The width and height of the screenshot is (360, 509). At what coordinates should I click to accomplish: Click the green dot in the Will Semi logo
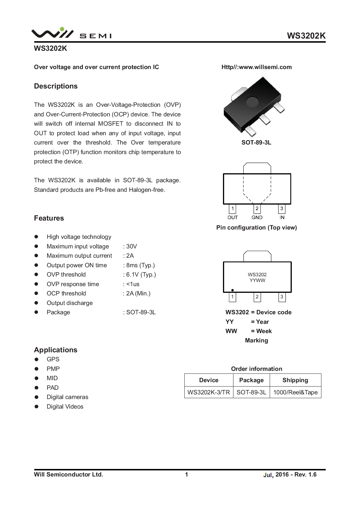62,29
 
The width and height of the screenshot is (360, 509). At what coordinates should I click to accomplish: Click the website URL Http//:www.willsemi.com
256,67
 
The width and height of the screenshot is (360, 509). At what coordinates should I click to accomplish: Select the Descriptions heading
56,86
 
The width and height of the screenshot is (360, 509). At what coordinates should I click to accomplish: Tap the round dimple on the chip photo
252,102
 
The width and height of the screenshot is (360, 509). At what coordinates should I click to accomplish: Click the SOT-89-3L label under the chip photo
256,142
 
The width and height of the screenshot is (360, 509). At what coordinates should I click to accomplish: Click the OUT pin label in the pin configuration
233,217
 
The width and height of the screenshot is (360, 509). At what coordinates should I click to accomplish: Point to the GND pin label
257,217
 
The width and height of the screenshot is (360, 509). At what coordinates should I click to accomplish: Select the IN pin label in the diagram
282,217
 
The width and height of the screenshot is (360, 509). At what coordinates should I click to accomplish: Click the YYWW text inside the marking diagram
257,280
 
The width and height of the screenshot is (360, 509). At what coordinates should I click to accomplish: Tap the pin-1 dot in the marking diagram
233,290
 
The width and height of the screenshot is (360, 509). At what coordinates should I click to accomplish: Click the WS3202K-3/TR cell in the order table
209,392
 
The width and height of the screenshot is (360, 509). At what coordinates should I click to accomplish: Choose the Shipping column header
295,380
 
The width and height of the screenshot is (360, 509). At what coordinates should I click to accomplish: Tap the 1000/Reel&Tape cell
295,392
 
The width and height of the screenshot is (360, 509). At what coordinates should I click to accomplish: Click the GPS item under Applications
53,359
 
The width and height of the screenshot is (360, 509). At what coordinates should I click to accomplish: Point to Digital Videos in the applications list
65,407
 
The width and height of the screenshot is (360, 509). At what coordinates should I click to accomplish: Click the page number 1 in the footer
186,474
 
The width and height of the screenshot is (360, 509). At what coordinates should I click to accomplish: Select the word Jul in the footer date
268,475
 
